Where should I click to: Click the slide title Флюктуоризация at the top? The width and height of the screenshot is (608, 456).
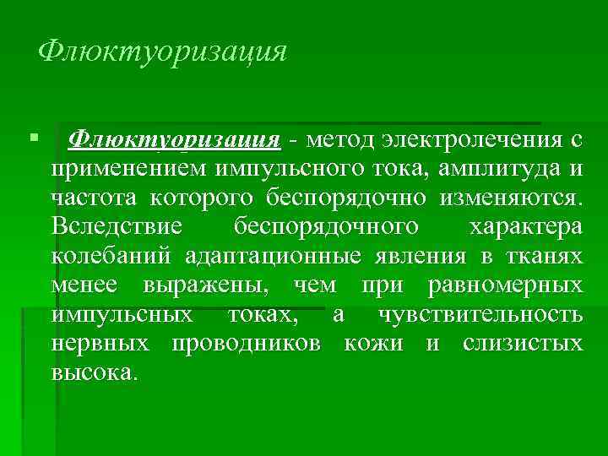(x=163, y=52)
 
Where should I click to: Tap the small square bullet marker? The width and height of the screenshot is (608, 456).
(x=32, y=137)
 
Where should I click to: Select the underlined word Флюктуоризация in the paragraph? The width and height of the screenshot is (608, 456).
(x=174, y=137)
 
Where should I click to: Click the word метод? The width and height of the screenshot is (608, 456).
(x=337, y=137)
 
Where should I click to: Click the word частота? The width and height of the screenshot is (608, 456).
(x=95, y=197)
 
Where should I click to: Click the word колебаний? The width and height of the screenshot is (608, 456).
(x=107, y=256)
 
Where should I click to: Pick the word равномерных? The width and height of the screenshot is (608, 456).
(x=505, y=285)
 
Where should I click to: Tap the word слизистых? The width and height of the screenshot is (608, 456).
(x=529, y=344)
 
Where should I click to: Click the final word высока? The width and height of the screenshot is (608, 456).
(x=92, y=373)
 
